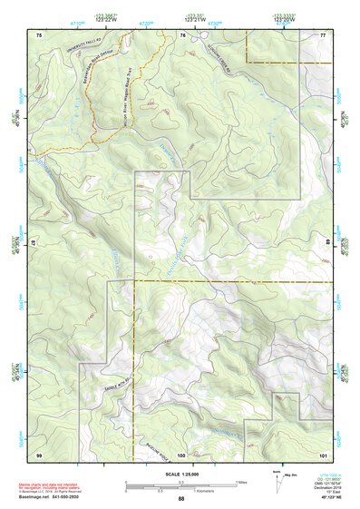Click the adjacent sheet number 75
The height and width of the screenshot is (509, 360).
click(39, 34)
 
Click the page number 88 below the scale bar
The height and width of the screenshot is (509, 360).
click(180, 499)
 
